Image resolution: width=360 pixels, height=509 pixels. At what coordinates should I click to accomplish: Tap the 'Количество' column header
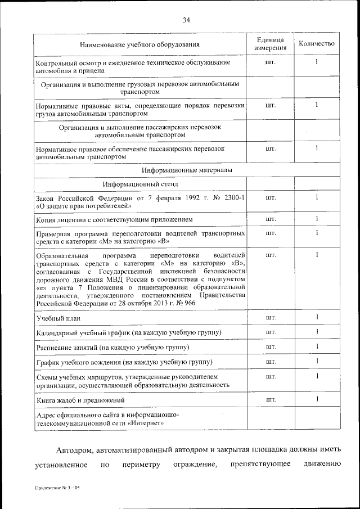click(317, 44)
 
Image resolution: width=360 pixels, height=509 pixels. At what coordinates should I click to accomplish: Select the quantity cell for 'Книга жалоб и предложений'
click(317, 399)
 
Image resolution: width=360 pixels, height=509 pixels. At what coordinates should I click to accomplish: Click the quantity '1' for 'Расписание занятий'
click(317, 347)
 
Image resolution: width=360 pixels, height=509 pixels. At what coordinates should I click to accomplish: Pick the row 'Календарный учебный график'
click(129, 333)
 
